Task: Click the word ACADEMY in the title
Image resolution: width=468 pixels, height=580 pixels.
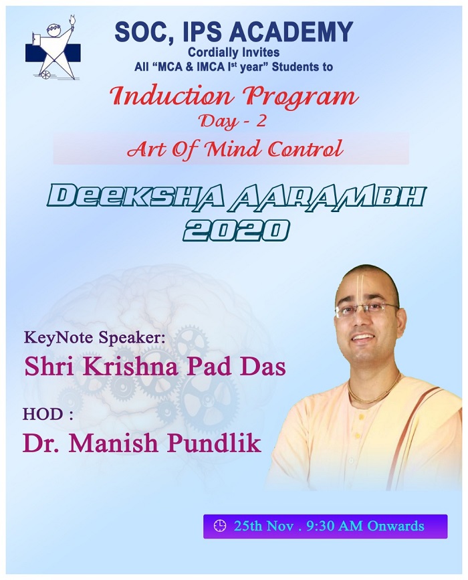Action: coord(291,32)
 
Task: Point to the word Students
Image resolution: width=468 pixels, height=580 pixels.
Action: coord(298,67)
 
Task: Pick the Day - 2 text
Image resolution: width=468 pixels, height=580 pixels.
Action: coord(233,121)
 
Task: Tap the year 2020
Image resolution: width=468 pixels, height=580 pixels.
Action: coord(236,229)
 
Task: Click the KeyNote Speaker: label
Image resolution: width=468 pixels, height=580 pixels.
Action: coord(93,338)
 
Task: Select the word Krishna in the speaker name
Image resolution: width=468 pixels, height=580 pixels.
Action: coord(138,367)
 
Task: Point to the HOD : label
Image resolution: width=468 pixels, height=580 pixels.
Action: coord(47,414)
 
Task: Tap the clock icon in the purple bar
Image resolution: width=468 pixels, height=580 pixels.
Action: coord(220,526)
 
